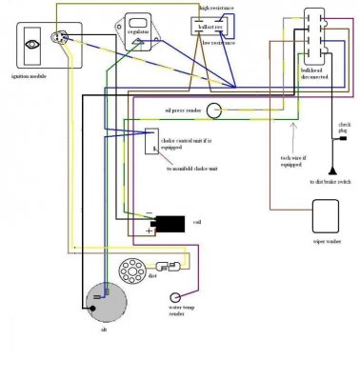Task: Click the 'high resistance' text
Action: click(217, 9)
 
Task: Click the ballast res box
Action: click(217, 27)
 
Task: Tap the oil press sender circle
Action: click(216, 112)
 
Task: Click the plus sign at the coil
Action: click(148, 231)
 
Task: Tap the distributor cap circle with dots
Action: click(133, 270)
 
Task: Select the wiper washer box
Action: click(327, 216)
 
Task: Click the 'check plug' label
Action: click(344, 130)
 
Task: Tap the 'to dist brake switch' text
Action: click(330, 181)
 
